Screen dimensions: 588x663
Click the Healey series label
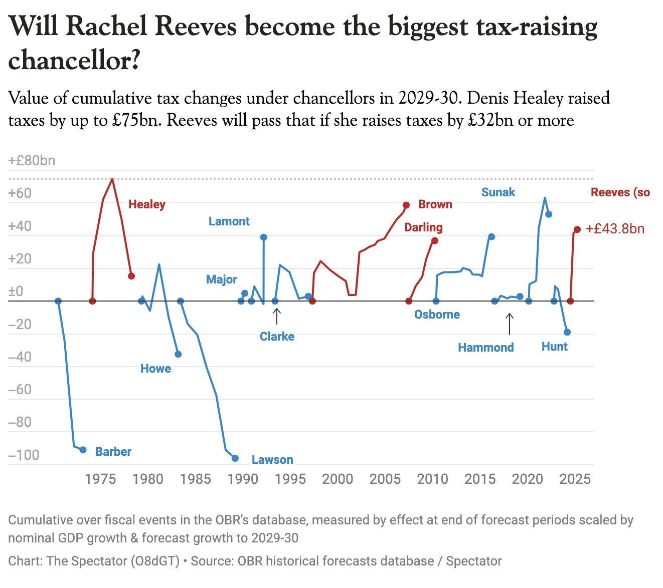click(x=146, y=204)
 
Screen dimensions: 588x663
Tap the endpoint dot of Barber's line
click(x=83, y=450)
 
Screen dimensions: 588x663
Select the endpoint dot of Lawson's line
click(x=235, y=458)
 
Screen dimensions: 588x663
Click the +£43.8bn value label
click(x=615, y=229)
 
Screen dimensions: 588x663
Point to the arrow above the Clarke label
click(x=276, y=317)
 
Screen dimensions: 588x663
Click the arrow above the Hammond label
click(x=510, y=324)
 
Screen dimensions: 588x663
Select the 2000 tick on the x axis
click(x=338, y=479)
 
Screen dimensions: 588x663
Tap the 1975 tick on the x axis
click(x=101, y=479)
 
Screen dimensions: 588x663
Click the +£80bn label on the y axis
click(x=32, y=161)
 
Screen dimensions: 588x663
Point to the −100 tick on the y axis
click(x=24, y=455)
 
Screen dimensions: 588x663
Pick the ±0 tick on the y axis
click(x=16, y=291)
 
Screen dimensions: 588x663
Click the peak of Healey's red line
click(x=112, y=179)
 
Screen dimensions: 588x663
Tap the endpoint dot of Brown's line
click(x=406, y=205)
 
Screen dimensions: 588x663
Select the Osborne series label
click(x=437, y=315)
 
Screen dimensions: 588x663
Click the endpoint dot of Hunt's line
click(x=567, y=332)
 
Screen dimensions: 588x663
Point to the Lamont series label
click(x=229, y=221)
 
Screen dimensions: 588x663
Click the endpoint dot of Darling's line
click(x=435, y=241)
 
